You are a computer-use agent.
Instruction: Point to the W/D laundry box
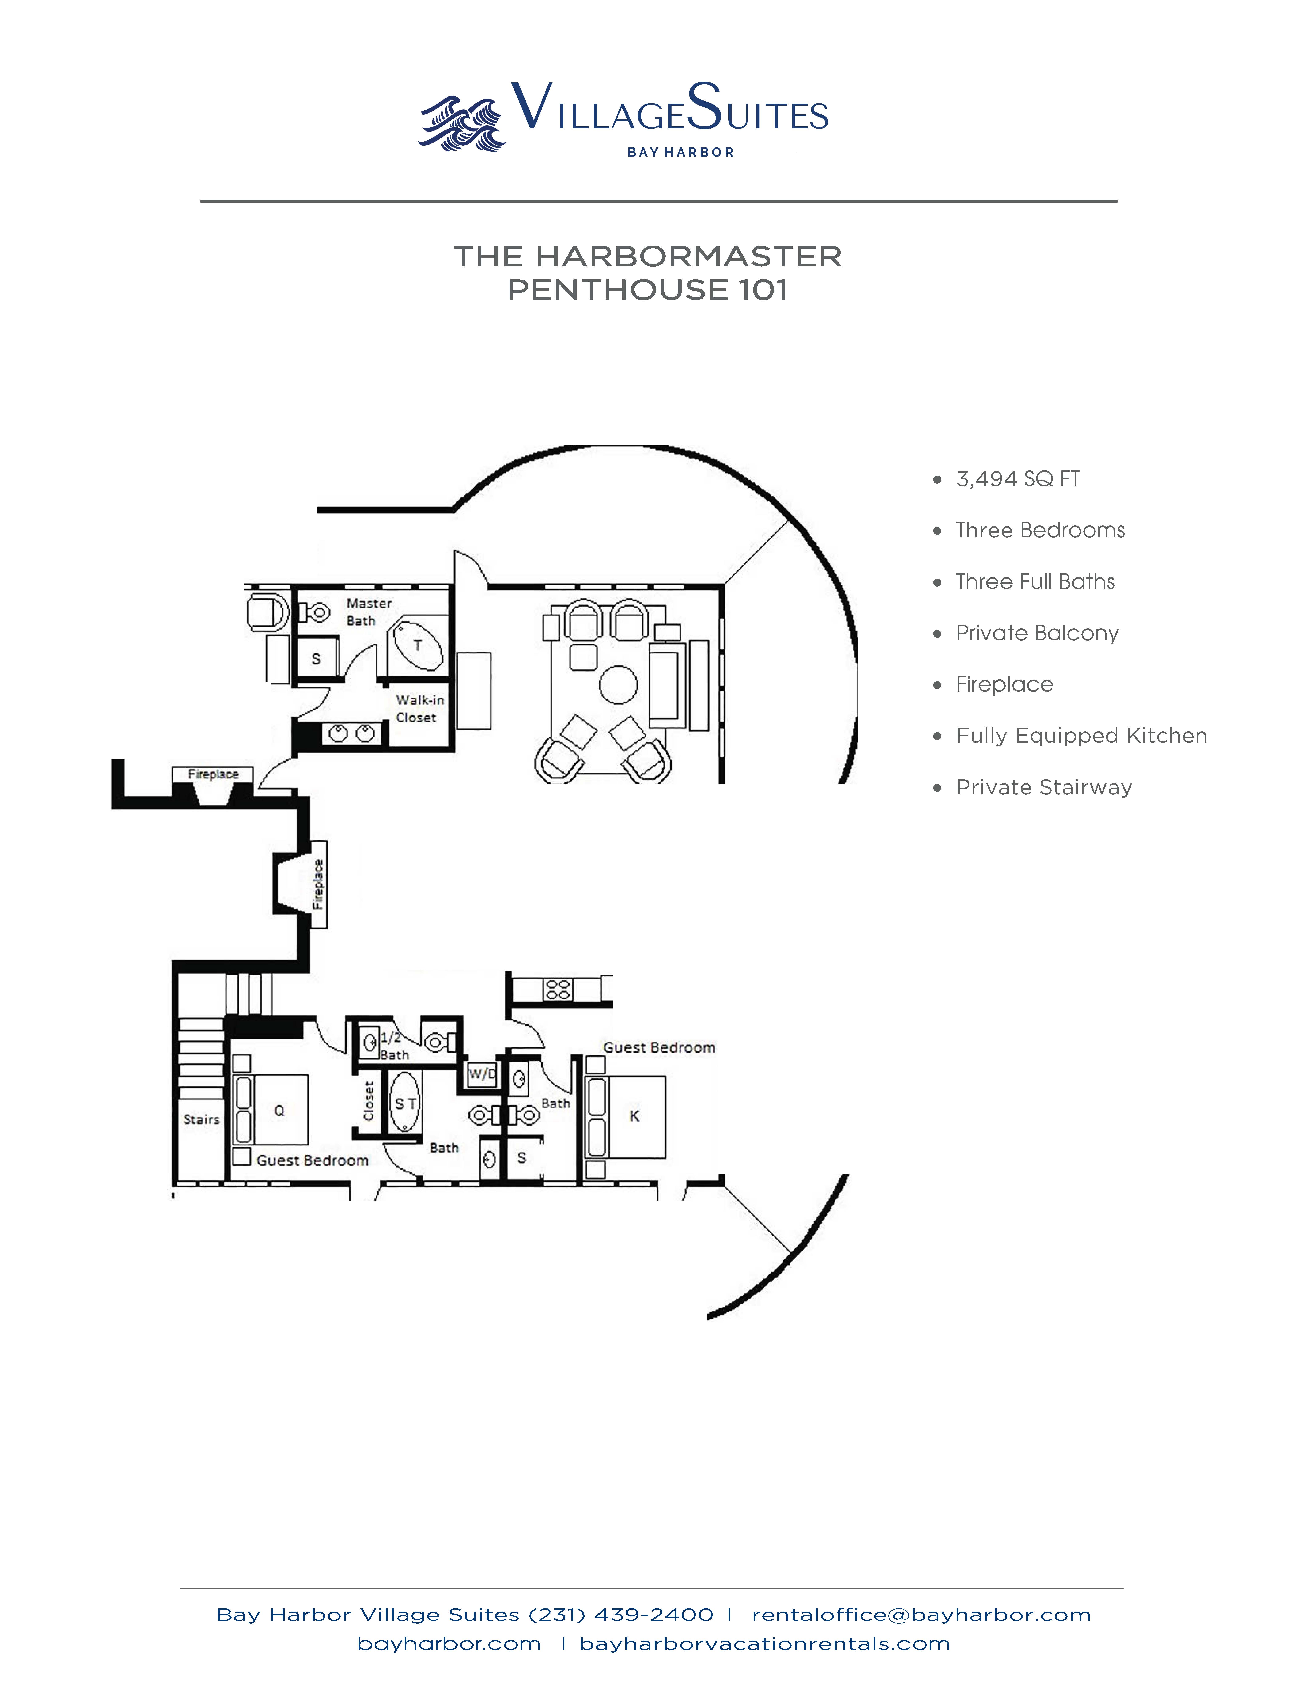click(482, 1074)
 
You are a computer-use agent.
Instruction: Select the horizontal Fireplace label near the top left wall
click(213, 774)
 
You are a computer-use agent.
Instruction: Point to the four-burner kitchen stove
click(558, 989)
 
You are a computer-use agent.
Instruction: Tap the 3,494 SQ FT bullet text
click(1017, 479)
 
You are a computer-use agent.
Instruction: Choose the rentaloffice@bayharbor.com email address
click(921, 1615)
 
